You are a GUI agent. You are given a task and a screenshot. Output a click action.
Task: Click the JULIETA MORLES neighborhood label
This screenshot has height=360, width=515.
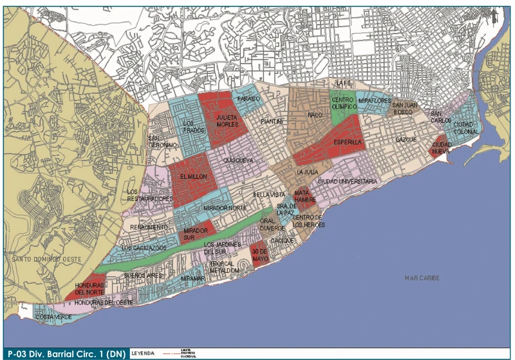pos(227,121)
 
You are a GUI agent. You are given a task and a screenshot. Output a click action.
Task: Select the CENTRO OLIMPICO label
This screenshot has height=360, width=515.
pos(343,103)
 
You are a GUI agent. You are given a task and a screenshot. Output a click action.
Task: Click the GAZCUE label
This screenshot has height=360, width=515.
pos(406,139)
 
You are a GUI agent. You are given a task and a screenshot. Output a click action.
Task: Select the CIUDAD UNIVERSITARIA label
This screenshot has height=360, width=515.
pos(347,182)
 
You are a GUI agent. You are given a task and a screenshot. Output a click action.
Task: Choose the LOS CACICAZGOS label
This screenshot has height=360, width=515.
pos(144,247)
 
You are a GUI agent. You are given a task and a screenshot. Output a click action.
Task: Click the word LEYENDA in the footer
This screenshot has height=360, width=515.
pos(144,352)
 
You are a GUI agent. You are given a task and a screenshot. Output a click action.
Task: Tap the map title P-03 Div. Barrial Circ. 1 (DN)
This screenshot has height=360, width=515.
pos(63,352)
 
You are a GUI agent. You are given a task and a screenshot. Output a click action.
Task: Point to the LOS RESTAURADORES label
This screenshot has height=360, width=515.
pos(151,195)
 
